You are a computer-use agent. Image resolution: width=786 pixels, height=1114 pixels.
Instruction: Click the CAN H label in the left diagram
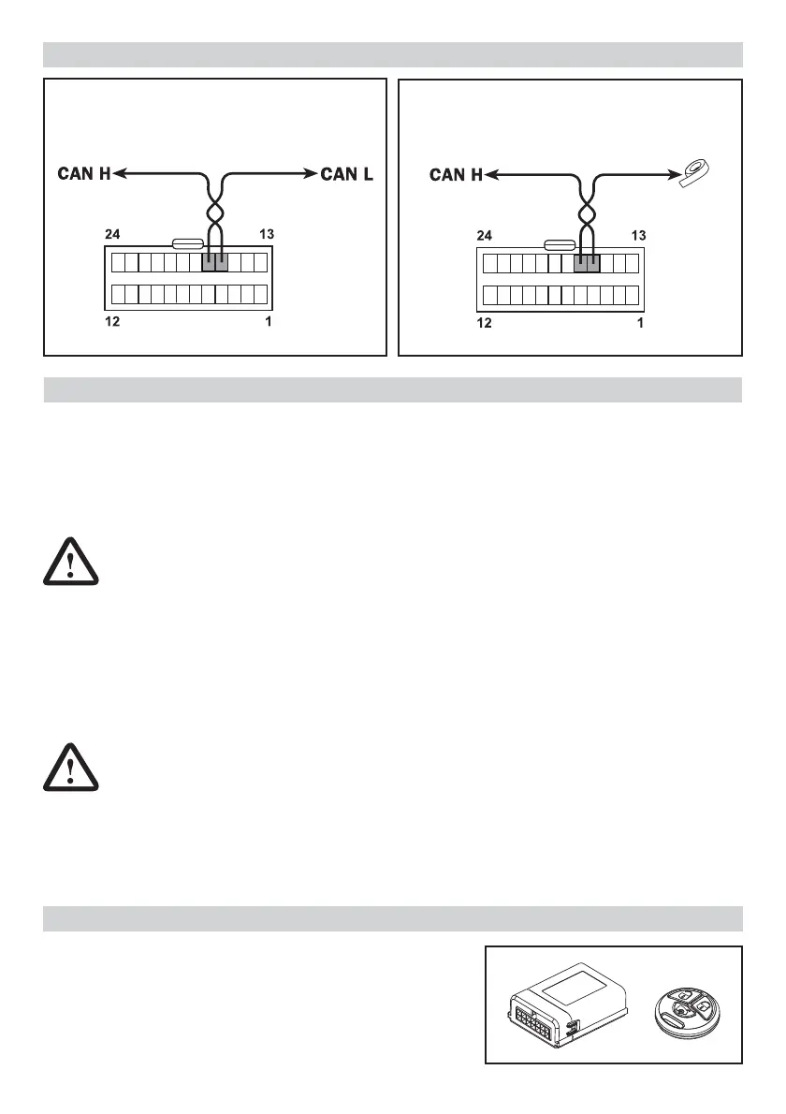click(84, 173)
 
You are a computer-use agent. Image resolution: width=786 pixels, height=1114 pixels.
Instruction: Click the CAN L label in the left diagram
click(347, 173)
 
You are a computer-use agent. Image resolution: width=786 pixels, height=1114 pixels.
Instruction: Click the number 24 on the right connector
click(485, 235)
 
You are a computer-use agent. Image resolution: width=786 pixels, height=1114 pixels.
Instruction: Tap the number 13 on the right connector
click(636, 235)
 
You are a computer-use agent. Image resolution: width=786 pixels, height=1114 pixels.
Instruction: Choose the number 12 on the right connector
click(485, 324)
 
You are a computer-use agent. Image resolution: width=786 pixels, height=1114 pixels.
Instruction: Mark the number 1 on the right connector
click(640, 324)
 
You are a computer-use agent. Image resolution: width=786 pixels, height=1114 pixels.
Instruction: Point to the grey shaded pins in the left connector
click(215, 263)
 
